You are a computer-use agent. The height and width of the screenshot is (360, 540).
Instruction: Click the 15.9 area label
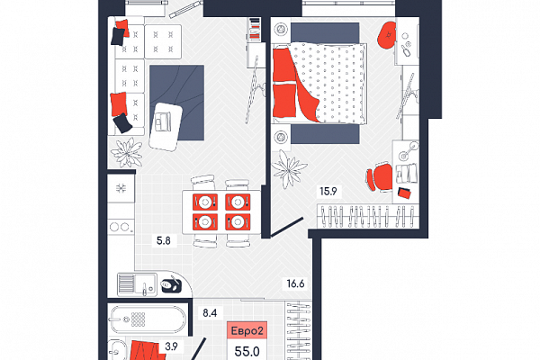coord(328,191)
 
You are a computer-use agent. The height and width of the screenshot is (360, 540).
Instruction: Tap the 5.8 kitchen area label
coord(164,240)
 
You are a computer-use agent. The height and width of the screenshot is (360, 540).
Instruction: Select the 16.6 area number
coord(295,283)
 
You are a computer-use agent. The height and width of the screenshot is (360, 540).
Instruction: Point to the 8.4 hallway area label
coord(210,313)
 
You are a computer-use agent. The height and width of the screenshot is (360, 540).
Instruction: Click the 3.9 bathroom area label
coord(171,346)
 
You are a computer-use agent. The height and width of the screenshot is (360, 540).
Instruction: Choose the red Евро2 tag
coord(247,331)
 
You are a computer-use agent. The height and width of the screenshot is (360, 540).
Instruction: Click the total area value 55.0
coord(247,351)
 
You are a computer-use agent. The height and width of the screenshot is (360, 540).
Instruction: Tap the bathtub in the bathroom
coord(148,319)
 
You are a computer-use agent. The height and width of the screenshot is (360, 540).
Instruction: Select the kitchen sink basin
coord(137,284)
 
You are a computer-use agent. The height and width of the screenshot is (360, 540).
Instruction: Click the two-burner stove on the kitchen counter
coord(121,227)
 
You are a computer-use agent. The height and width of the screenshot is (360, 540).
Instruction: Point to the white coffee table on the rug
coord(166,127)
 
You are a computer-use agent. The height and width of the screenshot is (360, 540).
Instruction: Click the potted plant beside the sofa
coord(127,153)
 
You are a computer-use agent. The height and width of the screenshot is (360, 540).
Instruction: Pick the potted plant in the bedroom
coord(288,169)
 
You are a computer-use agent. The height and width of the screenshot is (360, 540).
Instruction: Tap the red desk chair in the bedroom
coord(380,177)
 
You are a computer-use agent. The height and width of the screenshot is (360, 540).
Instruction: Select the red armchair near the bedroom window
coord(387,35)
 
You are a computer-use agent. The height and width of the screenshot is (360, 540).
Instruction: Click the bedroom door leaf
coord(286,228)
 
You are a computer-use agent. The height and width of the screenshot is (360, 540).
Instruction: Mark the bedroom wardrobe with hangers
coord(368,216)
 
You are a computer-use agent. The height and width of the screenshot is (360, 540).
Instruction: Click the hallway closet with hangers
coord(298,330)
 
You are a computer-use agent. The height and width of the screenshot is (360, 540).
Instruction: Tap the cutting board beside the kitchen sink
coord(171,284)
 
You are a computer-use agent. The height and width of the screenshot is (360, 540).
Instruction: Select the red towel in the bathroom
coord(144,350)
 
